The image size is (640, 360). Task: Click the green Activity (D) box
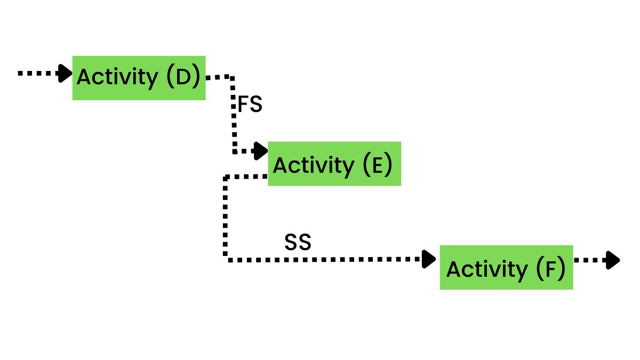tap(139, 78)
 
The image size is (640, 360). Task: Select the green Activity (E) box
tap(334, 164)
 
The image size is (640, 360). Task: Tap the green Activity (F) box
tap(506, 267)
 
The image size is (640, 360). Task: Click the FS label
tap(250, 105)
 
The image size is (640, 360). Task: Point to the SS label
tap(298, 243)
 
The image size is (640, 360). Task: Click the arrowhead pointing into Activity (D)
tap(66, 73)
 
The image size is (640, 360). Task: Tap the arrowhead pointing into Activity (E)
tap(261, 151)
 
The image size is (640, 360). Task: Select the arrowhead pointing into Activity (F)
tap(429, 259)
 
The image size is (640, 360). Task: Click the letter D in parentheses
tap(182, 77)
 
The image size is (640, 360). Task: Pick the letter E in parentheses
tap(377, 165)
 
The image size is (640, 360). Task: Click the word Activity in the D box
tap(117, 78)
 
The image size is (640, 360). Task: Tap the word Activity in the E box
tap(313, 165)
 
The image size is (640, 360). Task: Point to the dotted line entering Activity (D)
tap(37, 73)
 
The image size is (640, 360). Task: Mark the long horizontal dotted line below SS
tap(325, 260)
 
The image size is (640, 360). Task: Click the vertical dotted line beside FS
tap(234, 115)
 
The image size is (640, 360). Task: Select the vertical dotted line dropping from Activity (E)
tap(226, 219)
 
